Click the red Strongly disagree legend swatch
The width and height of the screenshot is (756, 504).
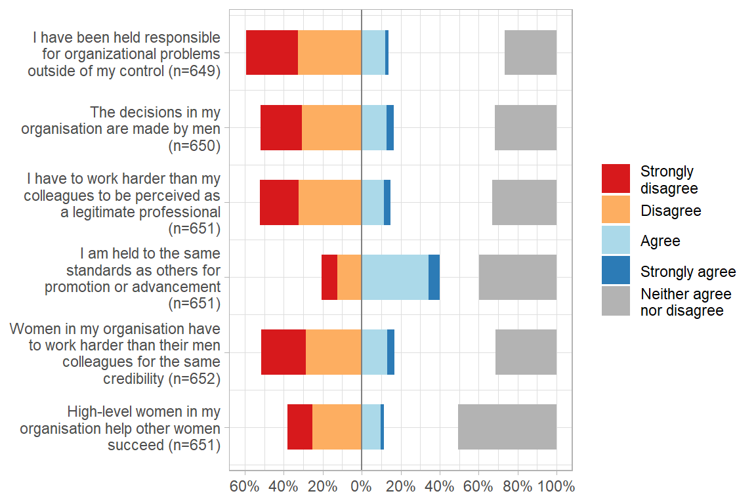[x=616, y=178]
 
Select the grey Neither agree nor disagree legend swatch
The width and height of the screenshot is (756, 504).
[x=616, y=301]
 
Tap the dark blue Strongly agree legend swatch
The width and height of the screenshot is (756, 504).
[x=616, y=270]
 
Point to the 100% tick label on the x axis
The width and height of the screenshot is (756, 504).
[x=556, y=487]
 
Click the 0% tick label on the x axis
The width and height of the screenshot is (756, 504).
[x=362, y=487]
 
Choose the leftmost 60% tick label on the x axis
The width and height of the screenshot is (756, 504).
[x=245, y=487]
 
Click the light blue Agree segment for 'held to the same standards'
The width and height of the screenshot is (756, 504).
[x=395, y=277]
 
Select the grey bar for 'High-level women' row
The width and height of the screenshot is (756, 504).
[x=507, y=427]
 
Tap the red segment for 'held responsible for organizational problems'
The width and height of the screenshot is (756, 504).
[x=272, y=52]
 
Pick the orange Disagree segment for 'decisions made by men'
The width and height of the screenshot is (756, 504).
[x=331, y=127]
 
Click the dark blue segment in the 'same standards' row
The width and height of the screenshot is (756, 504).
[x=434, y=277]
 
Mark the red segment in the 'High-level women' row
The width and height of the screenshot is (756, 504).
[x=300, y=427]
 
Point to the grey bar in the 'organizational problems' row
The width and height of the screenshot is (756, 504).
[x=530, y=52]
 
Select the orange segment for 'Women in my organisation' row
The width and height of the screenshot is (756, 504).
[x=333, y=352]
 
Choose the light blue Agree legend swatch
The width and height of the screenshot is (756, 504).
[x=616, y=240]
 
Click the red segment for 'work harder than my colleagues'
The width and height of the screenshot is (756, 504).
[x=279, y=202]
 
